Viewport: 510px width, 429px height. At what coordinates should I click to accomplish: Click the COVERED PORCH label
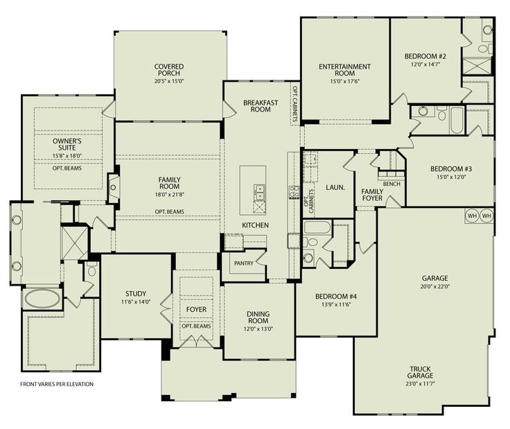169,71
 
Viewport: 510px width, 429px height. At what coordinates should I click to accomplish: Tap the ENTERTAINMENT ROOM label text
344,71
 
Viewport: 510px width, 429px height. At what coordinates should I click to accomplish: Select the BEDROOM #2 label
425,56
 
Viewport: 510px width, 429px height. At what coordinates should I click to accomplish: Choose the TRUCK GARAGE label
421,372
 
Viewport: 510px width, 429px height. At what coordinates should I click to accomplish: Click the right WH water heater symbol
486,216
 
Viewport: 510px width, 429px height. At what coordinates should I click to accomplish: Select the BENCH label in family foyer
392,184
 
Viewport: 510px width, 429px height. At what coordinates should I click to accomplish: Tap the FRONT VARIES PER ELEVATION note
57,384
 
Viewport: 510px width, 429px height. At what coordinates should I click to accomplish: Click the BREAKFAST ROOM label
261,106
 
